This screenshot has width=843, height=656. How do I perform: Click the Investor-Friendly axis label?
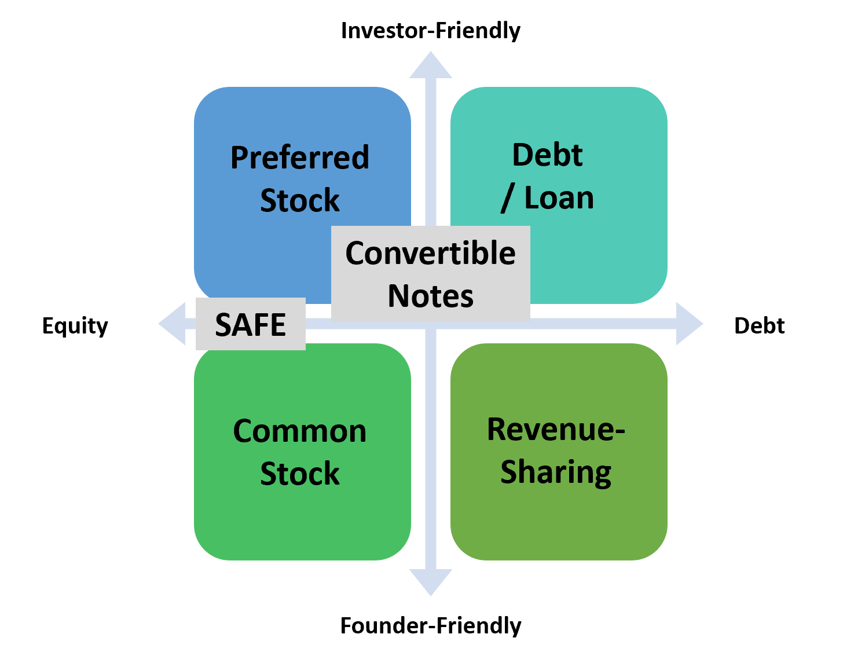click(x=430, y=31)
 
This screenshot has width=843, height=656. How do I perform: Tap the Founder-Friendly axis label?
click(x=430, y=626)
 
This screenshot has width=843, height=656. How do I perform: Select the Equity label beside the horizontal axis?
click(x=75, y=326)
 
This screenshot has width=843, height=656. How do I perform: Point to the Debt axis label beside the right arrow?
click(x=759, y=326)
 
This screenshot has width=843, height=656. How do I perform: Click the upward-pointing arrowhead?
click(x=430, y=65)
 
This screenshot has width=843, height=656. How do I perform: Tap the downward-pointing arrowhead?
click(x=430, y=581)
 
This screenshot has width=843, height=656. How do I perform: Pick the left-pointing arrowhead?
click(x=173, y=324)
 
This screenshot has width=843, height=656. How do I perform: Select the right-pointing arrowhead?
click(x=688, y=324)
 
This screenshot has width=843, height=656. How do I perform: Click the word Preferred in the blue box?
click(x=299, y=157)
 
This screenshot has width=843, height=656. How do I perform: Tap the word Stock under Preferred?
click(x=299, y=200)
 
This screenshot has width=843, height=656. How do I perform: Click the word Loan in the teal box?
click(x=559, y=198)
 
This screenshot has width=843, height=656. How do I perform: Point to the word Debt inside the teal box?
click(x=547, y=155)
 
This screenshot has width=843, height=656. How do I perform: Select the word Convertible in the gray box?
click(x=430, y=253)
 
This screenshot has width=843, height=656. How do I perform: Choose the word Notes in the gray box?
click(x=430, y=296)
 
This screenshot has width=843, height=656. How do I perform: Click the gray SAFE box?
click(x=250, y=324)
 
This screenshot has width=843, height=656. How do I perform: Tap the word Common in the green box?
click(x=299, y=431)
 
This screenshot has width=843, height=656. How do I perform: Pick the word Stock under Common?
click(x=299, y=474)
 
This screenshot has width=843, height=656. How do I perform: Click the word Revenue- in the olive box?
click(x=556, y=429)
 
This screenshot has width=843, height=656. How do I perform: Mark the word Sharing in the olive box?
click(x=556, y=472)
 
